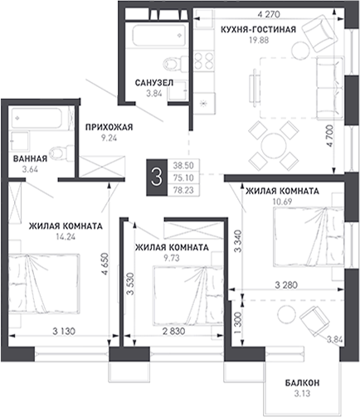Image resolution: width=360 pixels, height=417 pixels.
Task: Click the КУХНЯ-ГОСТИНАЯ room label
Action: click(x=258, y=29)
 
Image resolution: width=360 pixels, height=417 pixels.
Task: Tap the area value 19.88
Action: click(x=259, y=40)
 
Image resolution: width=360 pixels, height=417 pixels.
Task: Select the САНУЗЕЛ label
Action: click(x=154, y=83)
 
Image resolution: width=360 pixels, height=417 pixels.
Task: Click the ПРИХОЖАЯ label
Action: click(x=109, y=127)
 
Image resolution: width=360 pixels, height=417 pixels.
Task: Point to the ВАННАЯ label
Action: click(x=30, y=158)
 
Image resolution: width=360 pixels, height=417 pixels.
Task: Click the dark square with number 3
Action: click(x=157, y=177)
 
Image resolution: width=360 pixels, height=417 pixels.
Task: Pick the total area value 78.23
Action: click(x=183, y=190)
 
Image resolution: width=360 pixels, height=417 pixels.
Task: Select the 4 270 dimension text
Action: click(x=269, y=14)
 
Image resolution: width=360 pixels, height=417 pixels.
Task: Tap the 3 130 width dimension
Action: click(x=64, y=331)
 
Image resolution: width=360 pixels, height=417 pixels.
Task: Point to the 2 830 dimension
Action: click(x=173, y=331)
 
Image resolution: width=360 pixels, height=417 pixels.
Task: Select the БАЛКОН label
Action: click(x=302, y=383)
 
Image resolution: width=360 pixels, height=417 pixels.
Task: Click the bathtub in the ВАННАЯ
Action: click(x=40, y=119)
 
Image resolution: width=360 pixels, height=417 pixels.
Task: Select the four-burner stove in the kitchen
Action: click(x=204, y=61)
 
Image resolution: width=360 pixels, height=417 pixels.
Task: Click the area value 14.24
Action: click(x=66, y=237)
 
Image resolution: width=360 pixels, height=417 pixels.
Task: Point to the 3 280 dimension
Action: click(x=286, y=285)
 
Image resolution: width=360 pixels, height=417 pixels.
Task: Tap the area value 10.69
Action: click(x=282, y=201)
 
